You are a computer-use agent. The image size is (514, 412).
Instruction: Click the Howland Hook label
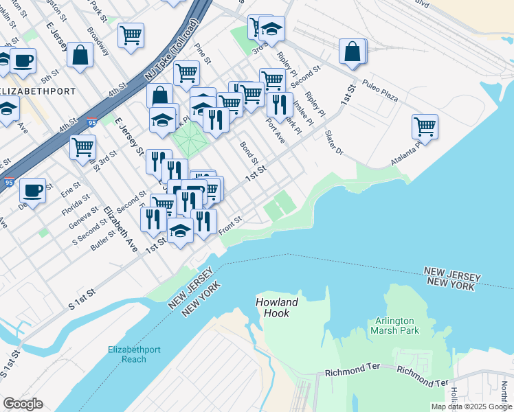pyautogui.click(x=277, y=308)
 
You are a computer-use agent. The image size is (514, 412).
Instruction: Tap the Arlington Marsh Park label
pyautogui.click(x=394, y=325)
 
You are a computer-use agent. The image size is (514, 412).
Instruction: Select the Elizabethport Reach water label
pyautogui.click(x=134, y=354)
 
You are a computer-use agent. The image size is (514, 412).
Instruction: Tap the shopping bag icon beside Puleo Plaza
pyautogui.click(x=353, y=51)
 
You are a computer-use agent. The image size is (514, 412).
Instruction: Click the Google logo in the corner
pyautogui.click(x=22, y=404)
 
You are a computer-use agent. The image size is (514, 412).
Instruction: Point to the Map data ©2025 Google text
pyautogui.click(x=471, y=407)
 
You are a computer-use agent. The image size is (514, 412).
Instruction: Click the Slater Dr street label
pyautogui.click(x=333, y=142)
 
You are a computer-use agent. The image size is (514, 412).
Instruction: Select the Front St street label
pyautogui.click(x=230, y=226)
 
